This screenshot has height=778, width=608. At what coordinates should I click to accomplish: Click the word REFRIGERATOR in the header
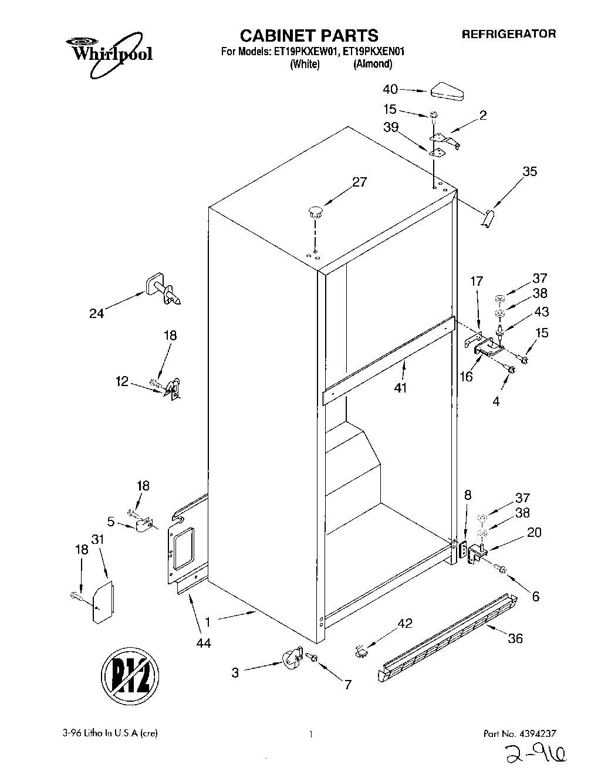click(x=509, y=34)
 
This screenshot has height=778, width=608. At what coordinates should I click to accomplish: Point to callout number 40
click(x=390, y=89)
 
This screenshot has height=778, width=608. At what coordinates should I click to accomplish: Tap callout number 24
click(x=97, y=313)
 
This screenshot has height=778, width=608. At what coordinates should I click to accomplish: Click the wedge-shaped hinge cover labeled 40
click(x=447, y=92)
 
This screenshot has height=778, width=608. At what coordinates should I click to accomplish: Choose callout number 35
click(x=529, y=171)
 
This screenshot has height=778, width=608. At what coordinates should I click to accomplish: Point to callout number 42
click(x=405, y=623)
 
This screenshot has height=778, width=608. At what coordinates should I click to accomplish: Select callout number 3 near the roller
click(x=235, y=673)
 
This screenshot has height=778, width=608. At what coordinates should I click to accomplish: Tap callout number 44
click(x=203, y=643)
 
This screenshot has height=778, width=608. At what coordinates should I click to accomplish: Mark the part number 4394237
click(x=535, y=733)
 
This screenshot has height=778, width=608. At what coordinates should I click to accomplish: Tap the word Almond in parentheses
click(x=372, y=65)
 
